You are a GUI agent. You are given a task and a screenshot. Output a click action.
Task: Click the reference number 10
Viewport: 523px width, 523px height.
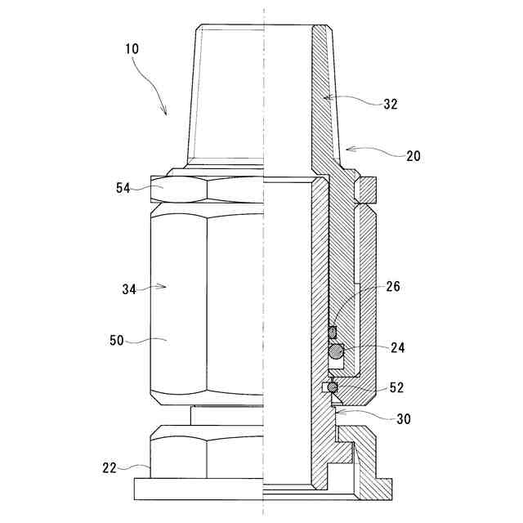click(132, 48)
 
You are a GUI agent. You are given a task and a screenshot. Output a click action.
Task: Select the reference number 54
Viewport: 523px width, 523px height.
click(123, 188)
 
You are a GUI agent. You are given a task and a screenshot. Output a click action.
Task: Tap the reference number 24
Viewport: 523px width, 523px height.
click(398, 347)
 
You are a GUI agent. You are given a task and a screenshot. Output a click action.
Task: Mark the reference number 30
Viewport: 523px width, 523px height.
click(403, 419)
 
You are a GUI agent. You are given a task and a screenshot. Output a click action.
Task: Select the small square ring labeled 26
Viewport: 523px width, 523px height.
click(333, 331)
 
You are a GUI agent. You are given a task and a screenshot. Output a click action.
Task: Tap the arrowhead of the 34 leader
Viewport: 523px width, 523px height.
click(167, 286)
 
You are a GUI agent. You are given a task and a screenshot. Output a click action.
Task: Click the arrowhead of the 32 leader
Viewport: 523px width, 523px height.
click(322, 97)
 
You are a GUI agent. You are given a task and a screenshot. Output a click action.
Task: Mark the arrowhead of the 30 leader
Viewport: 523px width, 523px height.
click(337, 413)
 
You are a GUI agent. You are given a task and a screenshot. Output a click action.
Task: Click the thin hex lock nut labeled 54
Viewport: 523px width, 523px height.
click(208, 190)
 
